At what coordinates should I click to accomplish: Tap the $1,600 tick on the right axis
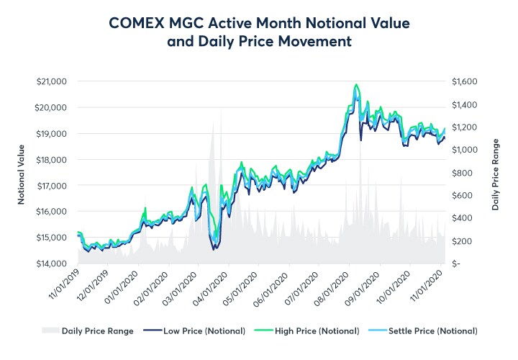coord(465,81)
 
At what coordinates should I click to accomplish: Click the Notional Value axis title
coord(22,173)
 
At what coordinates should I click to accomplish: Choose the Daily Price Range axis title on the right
coord(496,173)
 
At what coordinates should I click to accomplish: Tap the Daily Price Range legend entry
coord(91,331)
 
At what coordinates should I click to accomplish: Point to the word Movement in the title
coord(316,42)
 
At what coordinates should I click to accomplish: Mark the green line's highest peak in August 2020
coord(356,84)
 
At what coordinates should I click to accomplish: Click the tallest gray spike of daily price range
coord(213,122)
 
